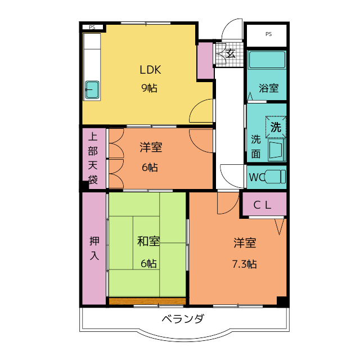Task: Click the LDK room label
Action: click(151, 70)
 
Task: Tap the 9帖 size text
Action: click(149, 88)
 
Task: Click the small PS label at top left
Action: click(92, 27)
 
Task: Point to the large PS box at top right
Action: click(268, 34)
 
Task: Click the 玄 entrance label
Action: click(231, 53)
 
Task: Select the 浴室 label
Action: click(268, 88)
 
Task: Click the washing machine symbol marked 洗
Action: click(276, 127)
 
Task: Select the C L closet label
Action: click(262, 205)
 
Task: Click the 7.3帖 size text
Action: click(246, 263)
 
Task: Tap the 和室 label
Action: click(148, 242)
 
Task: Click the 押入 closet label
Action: click(94, 247)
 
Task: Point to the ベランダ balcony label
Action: click(183, 319)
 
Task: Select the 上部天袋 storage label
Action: click(93, 158)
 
